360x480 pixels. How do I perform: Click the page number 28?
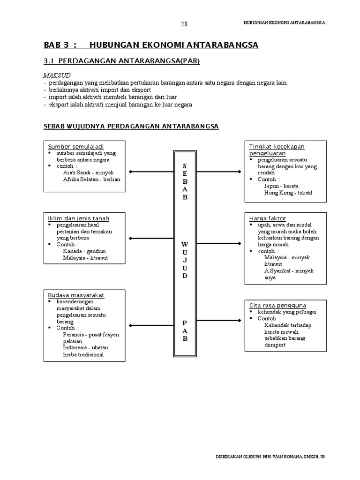[x=184, y=24]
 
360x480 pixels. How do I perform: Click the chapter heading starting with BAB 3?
[x=151, y=45]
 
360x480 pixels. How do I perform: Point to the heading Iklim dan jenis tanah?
[x=79, y=218]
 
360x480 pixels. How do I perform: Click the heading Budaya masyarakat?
[x=76, y=295]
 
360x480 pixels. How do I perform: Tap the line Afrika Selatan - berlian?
[x=91, y=179]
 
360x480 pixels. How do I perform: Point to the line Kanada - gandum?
[x=84, y=251]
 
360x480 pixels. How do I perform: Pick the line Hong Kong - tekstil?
[x=288, y=192]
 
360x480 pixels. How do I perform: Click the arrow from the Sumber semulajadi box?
[x=151, y=172]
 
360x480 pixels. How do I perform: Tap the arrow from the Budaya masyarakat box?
[x=151, y=325]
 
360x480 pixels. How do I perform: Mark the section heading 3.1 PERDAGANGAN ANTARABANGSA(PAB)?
[x=118, y=61]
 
